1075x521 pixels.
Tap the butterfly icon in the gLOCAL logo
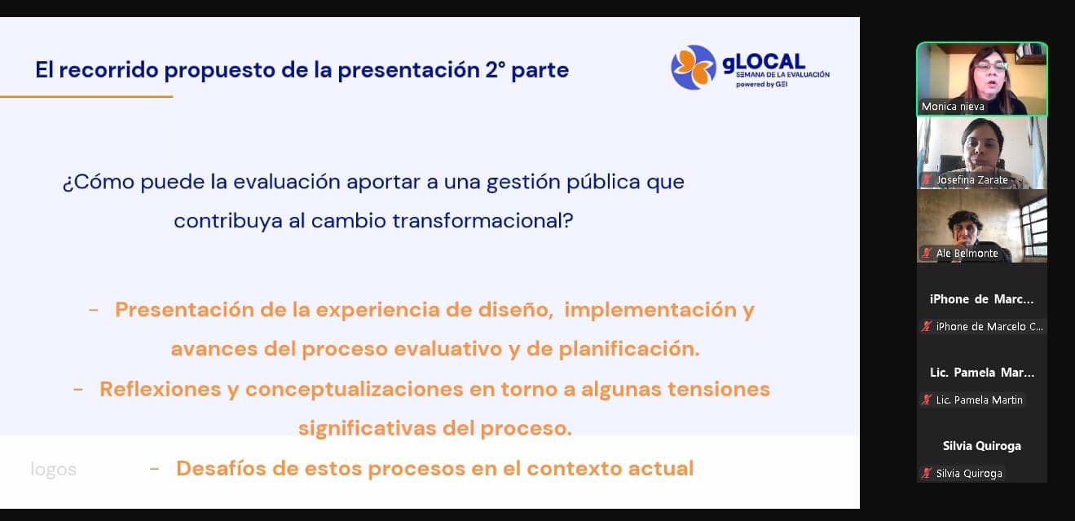click(694, 67)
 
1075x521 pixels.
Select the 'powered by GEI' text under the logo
click(761, 85)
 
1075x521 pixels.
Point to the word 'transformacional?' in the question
click(482, 221)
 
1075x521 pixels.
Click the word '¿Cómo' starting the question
click(99, 182)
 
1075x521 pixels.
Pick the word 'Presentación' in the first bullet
click(184, 310)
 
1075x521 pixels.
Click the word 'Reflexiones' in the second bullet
click(159, 389)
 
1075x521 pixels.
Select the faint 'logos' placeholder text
click(53, 470)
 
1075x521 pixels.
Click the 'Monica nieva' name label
click(953, 107)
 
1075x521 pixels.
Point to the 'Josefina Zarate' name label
click(971, 180)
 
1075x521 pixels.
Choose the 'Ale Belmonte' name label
click(967, 253)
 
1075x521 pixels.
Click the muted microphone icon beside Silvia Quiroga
click(926, 473)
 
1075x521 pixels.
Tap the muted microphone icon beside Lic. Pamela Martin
click(926, 400)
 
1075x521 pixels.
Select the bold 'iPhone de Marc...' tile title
click(982, 299)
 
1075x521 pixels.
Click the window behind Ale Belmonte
click(1032, 225)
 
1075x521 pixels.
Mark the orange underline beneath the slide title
click(86, 96)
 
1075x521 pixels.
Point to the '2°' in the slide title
click(496, 70)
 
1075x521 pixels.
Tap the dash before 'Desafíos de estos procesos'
click(154, 469)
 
